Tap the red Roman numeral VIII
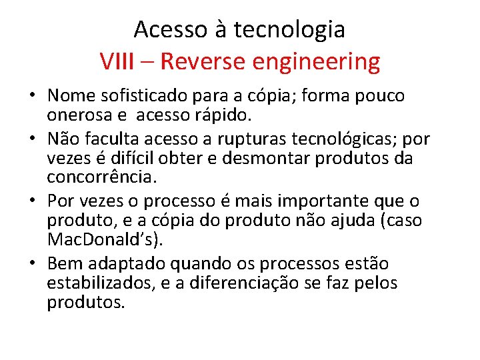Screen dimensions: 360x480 (117, 62)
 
